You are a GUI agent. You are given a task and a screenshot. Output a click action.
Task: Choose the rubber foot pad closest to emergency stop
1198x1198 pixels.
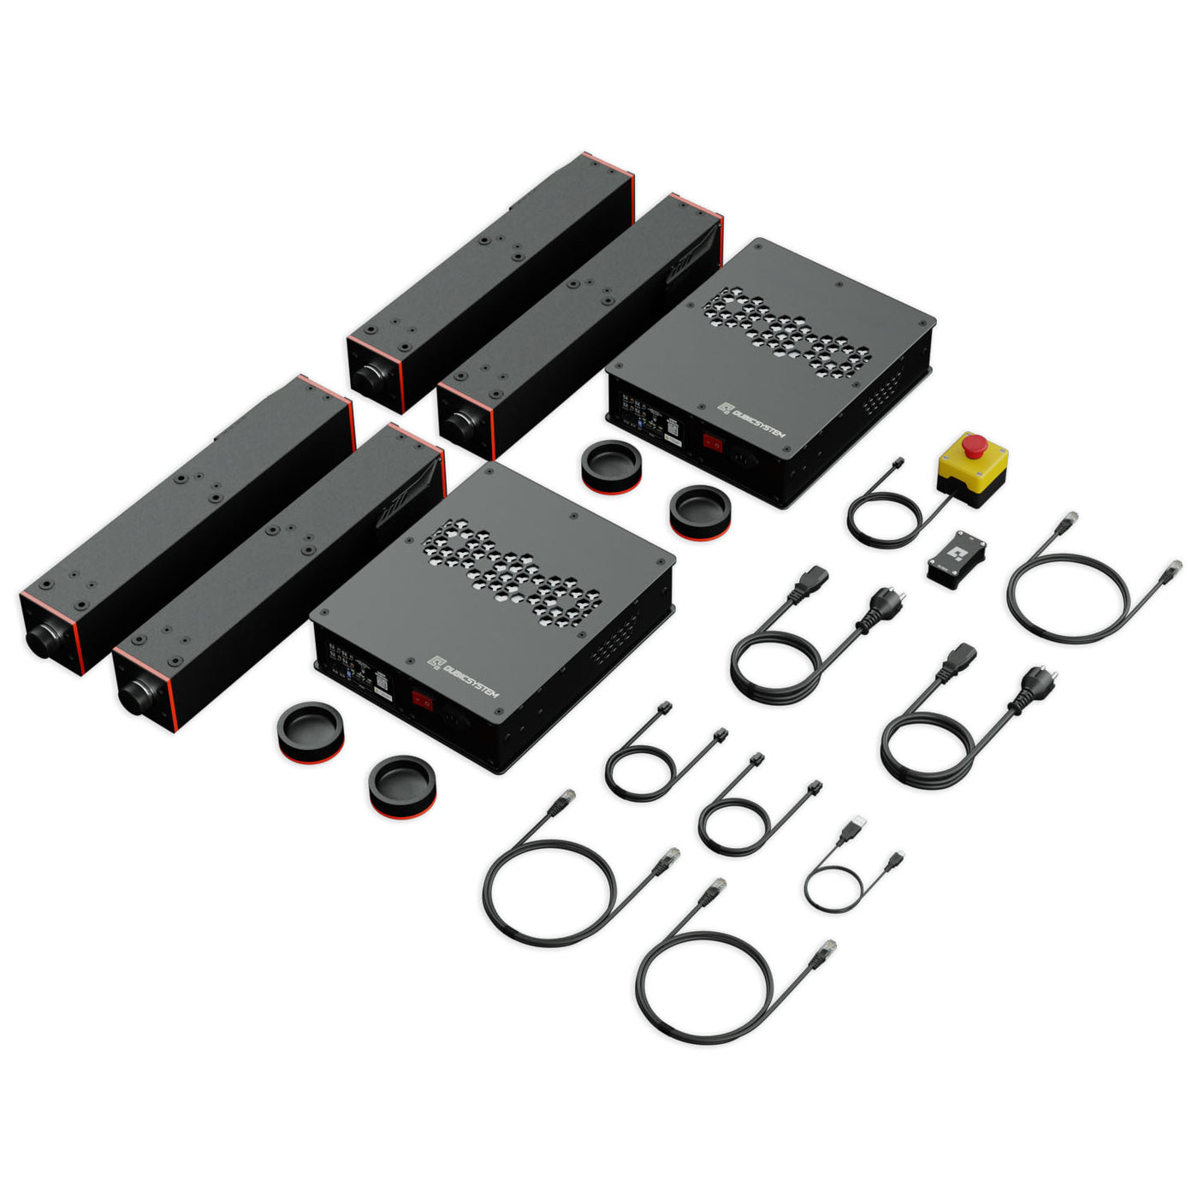click(700, 512)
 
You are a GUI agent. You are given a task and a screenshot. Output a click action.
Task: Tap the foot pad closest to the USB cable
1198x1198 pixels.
click(402, 786)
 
